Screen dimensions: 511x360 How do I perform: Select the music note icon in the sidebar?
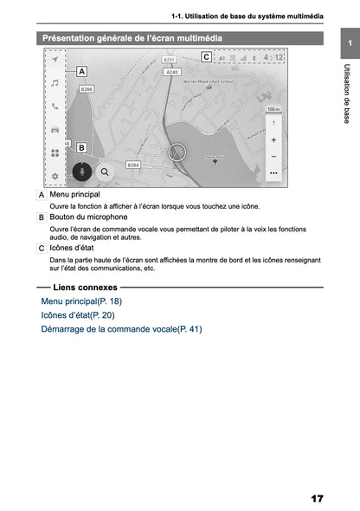55,83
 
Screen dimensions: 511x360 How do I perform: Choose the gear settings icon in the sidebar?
55,176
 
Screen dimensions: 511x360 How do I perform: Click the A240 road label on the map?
172,73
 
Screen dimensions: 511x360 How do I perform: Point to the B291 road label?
169,61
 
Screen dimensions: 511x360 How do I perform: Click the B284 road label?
133,164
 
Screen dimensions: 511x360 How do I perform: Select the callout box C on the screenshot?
206,57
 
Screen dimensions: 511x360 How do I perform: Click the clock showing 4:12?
273,58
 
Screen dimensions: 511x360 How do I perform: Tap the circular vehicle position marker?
178,151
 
